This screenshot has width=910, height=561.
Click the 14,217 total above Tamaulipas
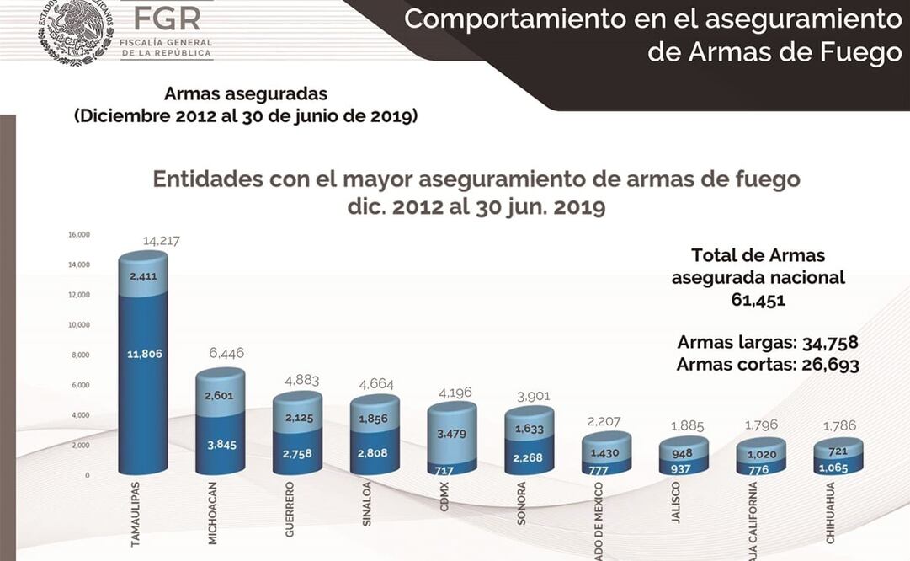point(162,242)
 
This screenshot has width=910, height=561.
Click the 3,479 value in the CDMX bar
point(452,434)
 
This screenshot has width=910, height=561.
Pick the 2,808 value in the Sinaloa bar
point(375,453)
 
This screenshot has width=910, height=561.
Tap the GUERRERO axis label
point(290,510)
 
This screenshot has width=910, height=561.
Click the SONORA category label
point(522,503)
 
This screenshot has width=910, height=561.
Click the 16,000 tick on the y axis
point(79,234)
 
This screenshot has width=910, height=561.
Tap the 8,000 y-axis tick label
point(81,355)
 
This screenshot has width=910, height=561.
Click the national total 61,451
point(758,300)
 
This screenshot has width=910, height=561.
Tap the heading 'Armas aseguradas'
point(246,93)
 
